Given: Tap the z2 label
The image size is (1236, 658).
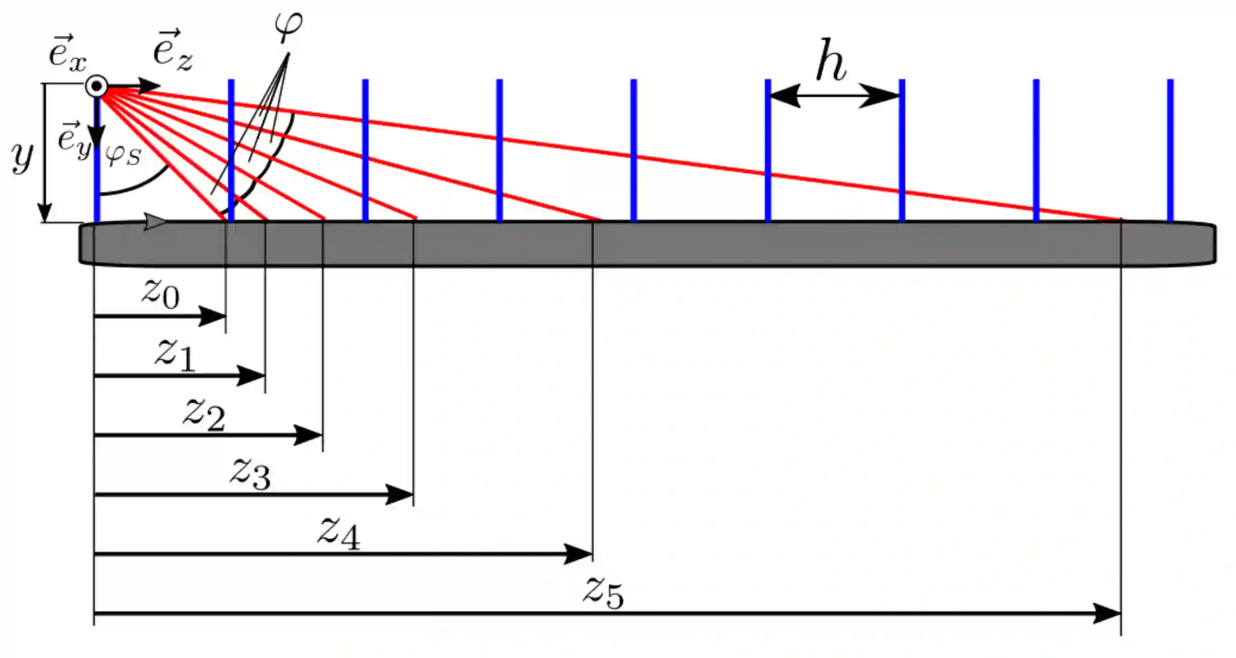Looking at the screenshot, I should click(x=204, y=414).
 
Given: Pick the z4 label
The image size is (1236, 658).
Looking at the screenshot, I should click(x=339, y=534).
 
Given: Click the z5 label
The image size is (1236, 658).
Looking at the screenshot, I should click(x=603, y=593).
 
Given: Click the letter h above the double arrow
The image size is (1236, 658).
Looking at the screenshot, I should click(x=831, y=60).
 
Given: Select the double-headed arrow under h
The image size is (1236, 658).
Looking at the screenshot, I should click(x=834, y=95).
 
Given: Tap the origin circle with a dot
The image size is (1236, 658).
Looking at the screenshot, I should click(x=96, y=86).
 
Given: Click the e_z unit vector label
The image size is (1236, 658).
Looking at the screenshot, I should click(x=172, y=51).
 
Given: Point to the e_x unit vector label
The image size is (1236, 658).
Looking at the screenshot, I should click(x=67, y=53).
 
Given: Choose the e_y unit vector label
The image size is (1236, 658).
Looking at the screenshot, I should click(x=74, y=139).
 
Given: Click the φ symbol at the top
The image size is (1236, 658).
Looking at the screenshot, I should click(x=288, y=25).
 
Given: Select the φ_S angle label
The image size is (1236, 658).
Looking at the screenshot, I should click(x=123, y=155).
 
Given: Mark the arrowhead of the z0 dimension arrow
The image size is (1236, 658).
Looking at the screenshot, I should click(x=213, y=316).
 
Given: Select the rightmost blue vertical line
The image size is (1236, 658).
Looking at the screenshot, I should click(x=1170, y=150).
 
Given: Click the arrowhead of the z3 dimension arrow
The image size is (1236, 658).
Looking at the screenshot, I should click(x=400, y=494).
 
